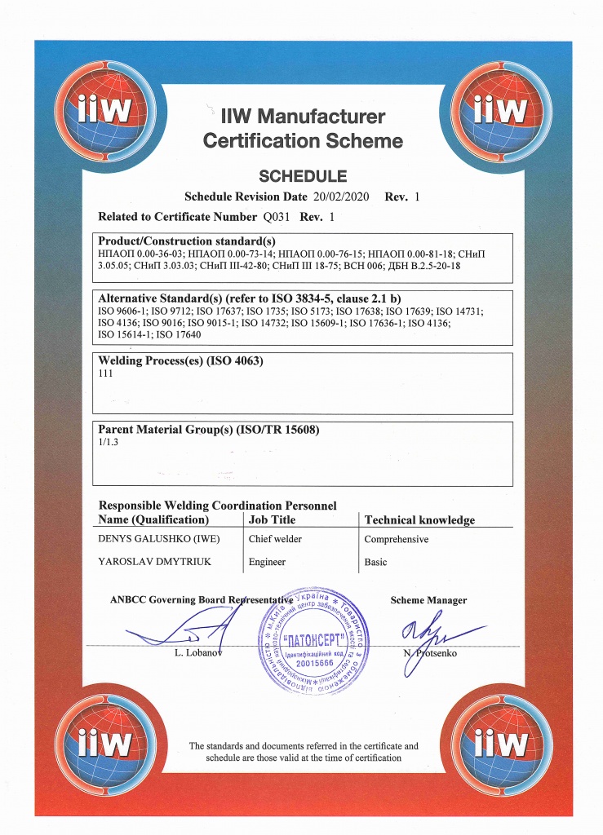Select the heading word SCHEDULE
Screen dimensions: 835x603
pyautogui.click(x=303, y=175)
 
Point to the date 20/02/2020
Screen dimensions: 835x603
pyautogui.click(x=342, y=197)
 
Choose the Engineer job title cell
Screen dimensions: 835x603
pyautogui.click(x=267, y=562)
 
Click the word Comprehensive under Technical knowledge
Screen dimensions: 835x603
pyautogui.click(x=396, y=539)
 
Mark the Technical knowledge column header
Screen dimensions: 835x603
pyautogui.click(x=419, y=519)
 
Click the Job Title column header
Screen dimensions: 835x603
pyautogui.click(x=272, y=519)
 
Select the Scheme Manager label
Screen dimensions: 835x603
pyautogui.click(x=428, y=600)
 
